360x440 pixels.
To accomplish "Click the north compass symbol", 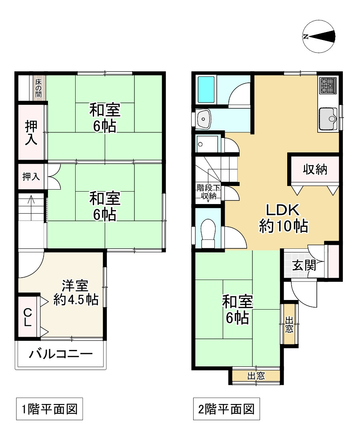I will (319, 36).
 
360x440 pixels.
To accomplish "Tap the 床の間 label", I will (38, 88).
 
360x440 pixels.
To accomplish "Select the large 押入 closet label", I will (30, 133).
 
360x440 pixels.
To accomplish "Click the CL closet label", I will (27, 317).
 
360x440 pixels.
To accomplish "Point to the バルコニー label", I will (61, 354).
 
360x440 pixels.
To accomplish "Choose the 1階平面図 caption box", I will (49, 409).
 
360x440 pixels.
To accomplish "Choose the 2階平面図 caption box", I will (226, 409).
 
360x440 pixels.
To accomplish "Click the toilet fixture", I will (208, 234).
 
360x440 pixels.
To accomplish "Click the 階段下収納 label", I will (208, 192).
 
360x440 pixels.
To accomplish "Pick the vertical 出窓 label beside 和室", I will (289, 324).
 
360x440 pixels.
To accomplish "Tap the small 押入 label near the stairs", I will (31, 176).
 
